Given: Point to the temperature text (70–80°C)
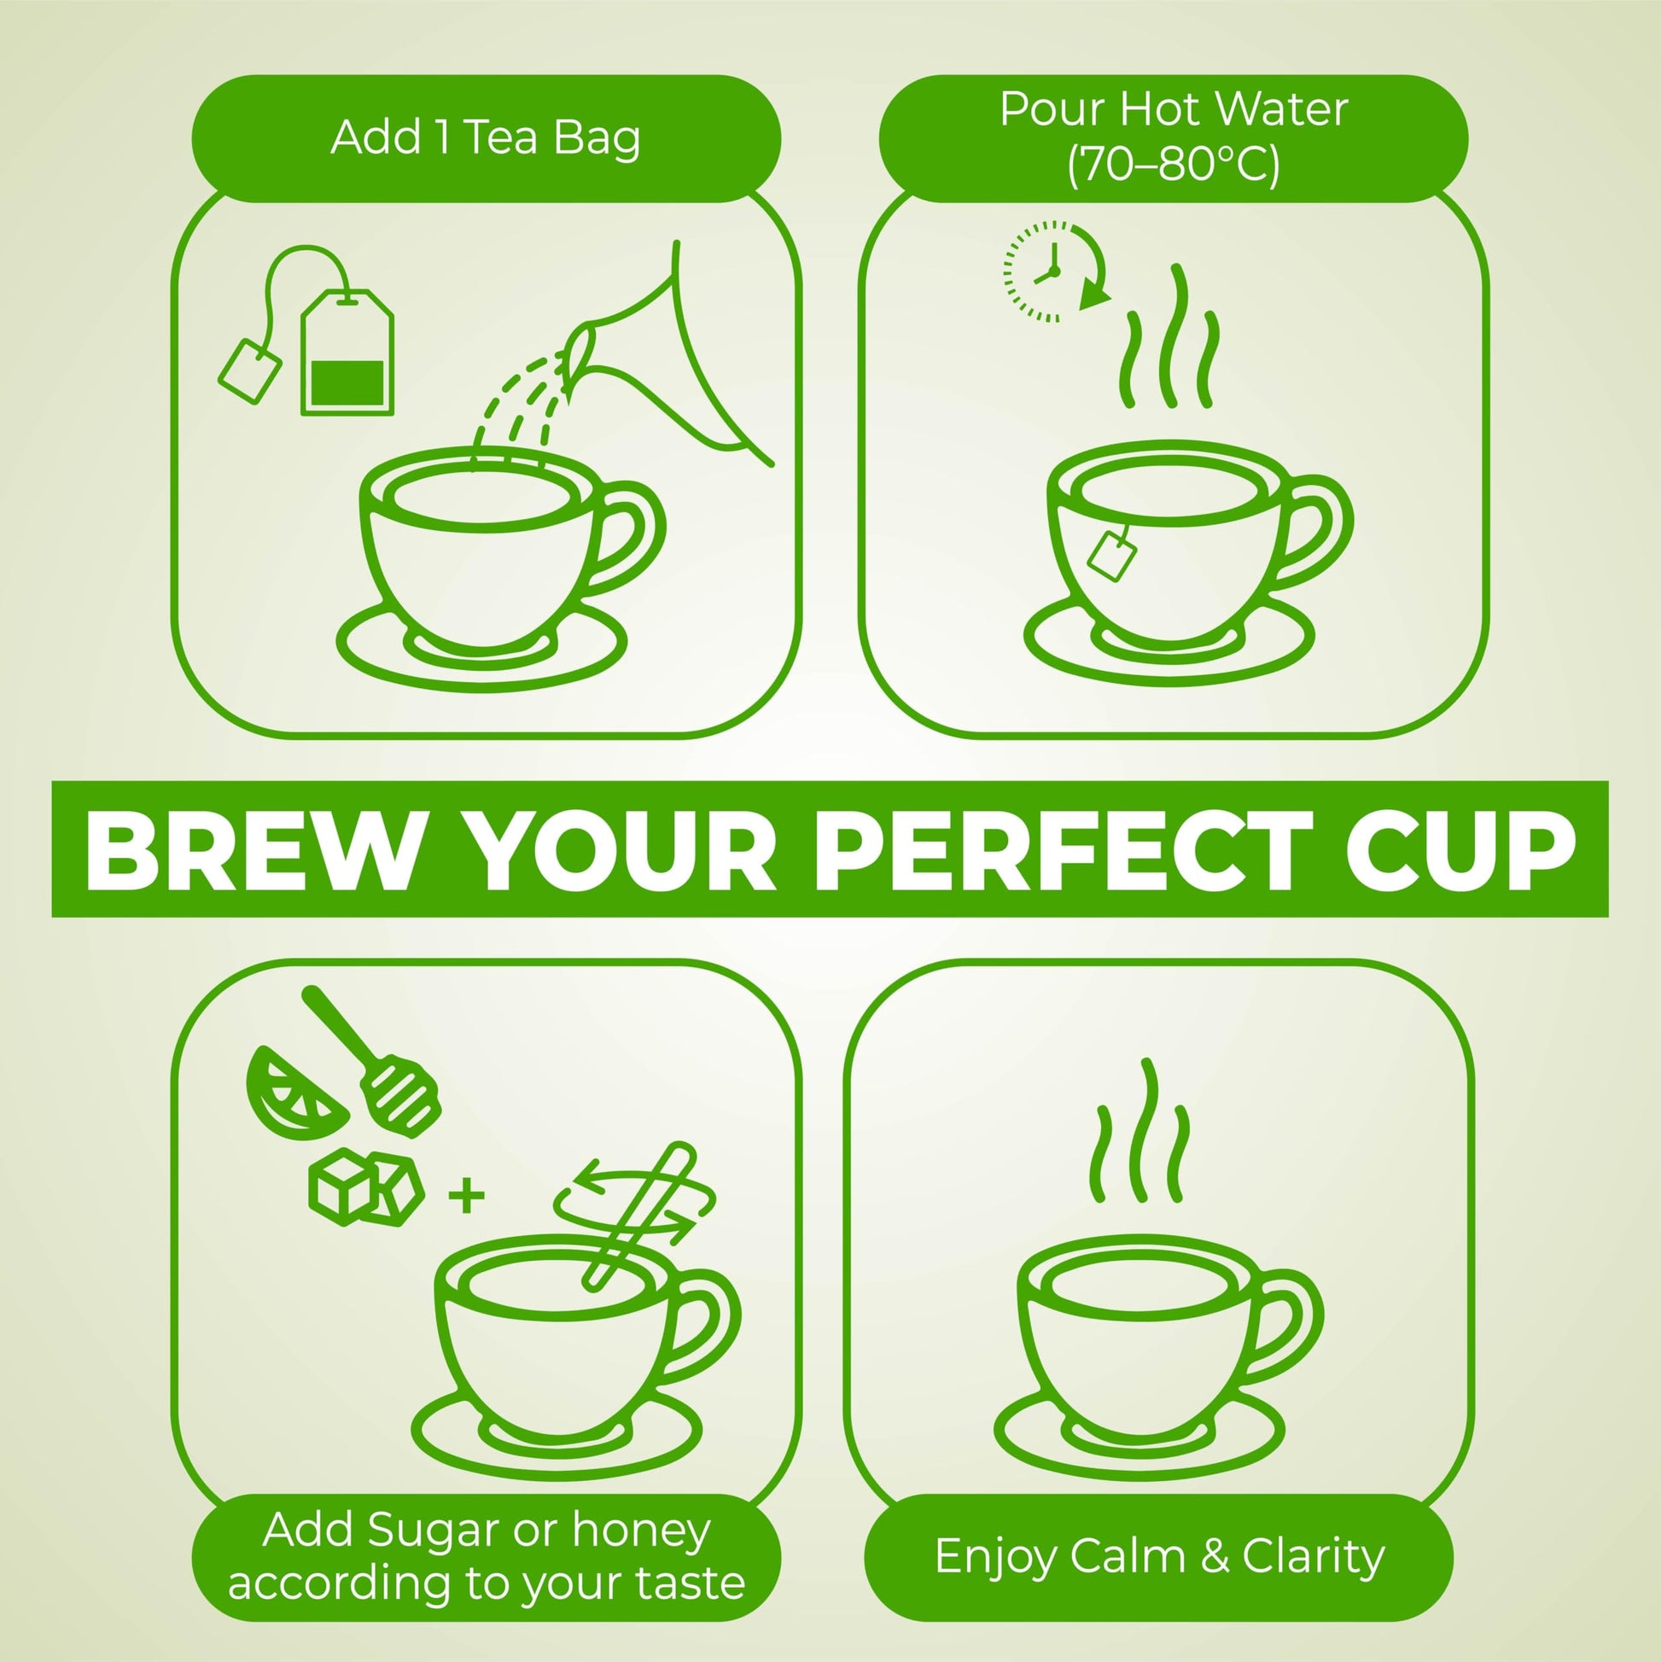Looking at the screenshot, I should coord(1174,166).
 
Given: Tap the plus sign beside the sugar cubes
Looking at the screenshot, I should coord(467,1197).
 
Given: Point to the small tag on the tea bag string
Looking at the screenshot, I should coord(249,370).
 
